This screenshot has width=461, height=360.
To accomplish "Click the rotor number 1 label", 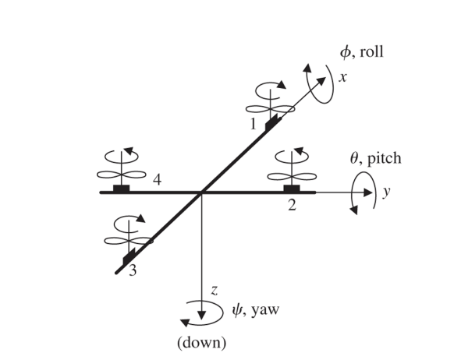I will pyautogui.click(x=253, y=123).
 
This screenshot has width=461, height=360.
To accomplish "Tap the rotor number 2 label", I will pyautogui.click(x=292, y=206).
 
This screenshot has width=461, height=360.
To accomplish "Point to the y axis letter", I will pyautogui.click(x=385, y=191).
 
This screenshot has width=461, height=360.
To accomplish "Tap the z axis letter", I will pyautogui.click(x=213, y=291).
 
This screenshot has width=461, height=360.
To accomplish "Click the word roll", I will pyautogui.click(x=371, y=53).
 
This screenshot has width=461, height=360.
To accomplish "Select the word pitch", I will pyautogui.click(x=384, y=158).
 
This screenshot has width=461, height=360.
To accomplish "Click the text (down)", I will pyautogui.click(x=202, y=341).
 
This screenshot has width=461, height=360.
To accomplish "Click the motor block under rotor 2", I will pyautogui.click(x=292, y=189).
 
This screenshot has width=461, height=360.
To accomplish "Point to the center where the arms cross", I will pyautogui.click(x=202, y=192).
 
